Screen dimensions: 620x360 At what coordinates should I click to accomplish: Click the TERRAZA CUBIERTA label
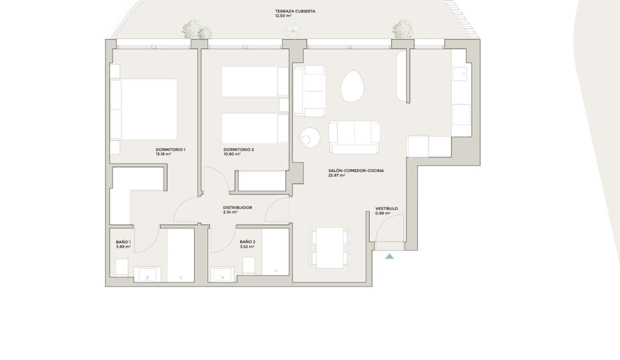pyautogui.click(x=295, y=11)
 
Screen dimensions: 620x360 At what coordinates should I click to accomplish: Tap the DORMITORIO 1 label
pyautogui.click(x=170, y=149)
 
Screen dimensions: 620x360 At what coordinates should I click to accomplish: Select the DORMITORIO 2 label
pyautogui.click(x=238, y=149)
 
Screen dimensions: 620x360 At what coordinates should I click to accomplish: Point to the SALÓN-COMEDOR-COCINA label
pyautogui.click(x=356, y=170)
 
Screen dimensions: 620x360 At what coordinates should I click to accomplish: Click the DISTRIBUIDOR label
pyautogui.click(x=237, y=207)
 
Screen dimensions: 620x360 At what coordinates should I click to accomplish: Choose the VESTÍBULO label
pyautogui.click(x=386, y=208)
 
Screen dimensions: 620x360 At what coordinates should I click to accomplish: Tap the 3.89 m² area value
pyautogui.click(x=123, y=246)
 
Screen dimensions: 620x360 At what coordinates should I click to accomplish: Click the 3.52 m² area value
pyautogui.click(x=247, y=246)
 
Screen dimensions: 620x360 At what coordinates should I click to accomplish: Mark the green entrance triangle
pyautogui.click(x=389, y=256)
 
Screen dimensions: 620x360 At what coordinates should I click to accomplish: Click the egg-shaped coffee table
pyautogui.click(x=352, y=86)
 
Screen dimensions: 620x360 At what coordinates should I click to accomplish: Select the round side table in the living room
pyautogui.click(x=310, y=138)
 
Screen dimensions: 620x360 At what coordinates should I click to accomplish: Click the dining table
pyautogui.click(x=329, y=248)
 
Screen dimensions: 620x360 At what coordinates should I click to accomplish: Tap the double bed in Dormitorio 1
pyautogui.click(x=143, y=109)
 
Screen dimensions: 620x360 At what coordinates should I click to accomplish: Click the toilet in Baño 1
pyautogui.click(x=122, y=267)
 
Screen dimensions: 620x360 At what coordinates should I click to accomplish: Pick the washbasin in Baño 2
pyautogui.click(x=222, y=274)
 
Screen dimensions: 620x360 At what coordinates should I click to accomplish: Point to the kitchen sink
pyautogui.click(x=459, y=74)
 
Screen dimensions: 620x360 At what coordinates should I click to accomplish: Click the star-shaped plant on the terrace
pyautogui.click(x=292, y=30)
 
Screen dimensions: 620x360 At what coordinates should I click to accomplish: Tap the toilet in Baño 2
pyautogui.click(x=249, y=265)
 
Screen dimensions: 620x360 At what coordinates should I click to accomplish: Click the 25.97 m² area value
pyautogui.click(x=336, y=175)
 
